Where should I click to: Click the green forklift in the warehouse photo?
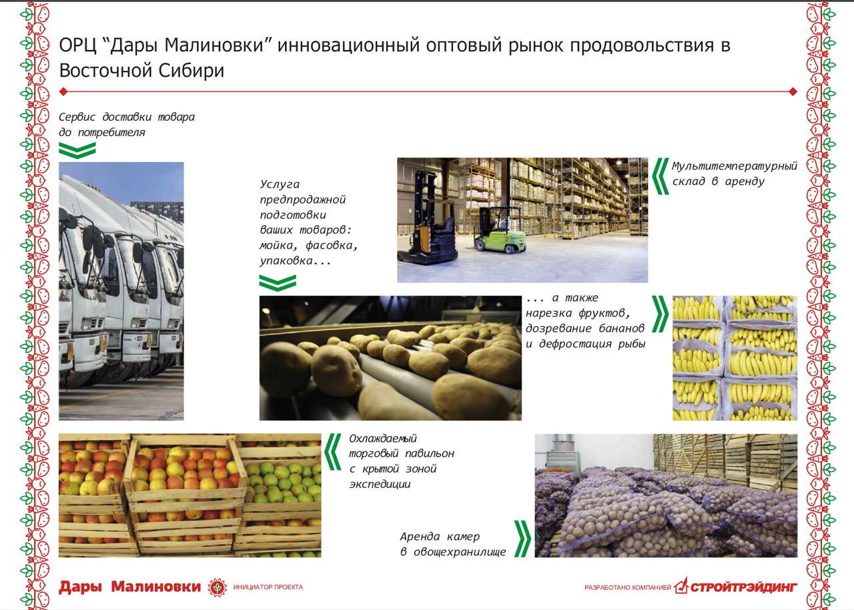500,230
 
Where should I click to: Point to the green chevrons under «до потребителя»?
77,150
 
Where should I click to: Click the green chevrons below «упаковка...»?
278,283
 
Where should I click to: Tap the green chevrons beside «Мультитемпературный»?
661,176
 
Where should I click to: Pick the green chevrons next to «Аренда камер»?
522,539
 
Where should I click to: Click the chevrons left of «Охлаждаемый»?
333,451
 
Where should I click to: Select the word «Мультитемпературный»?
735,166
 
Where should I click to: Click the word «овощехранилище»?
460,552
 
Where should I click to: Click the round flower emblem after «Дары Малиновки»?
217,587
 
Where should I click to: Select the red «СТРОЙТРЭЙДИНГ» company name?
743,587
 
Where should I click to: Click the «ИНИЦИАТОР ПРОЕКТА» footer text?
268,587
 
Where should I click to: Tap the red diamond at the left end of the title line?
63,91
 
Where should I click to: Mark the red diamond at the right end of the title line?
793,91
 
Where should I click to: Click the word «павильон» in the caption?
430,454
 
